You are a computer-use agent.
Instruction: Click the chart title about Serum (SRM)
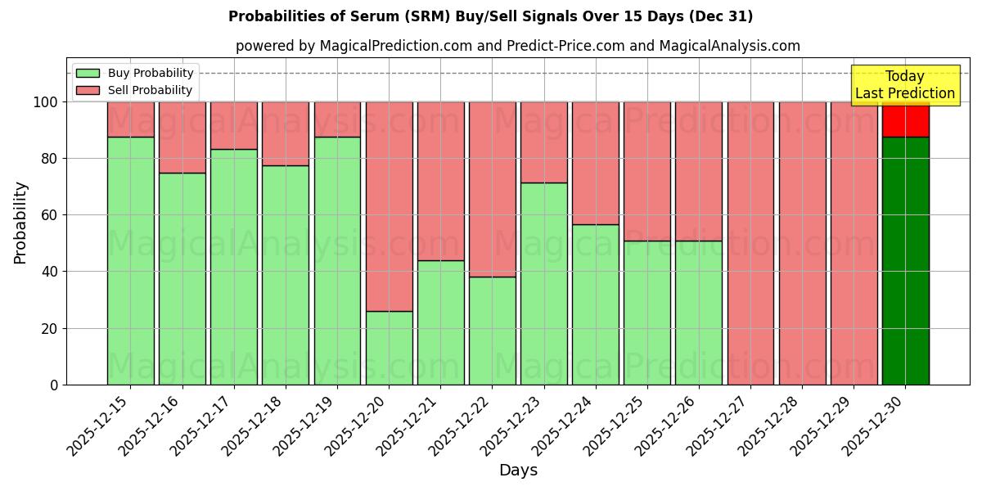pos(490,16)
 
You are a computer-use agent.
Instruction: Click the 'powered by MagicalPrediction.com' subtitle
pos(517,46)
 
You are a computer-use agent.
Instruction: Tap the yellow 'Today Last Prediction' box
pos(904,85)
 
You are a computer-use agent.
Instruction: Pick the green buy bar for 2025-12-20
pos(389,348)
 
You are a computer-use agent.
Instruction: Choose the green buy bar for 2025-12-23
pos(543,283)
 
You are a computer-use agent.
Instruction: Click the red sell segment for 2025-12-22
pos(492,189)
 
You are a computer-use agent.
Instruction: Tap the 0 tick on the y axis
pos(55,385)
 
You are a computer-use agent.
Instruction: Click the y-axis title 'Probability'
pos(20,222)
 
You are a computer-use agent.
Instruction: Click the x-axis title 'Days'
pos(517,471)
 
